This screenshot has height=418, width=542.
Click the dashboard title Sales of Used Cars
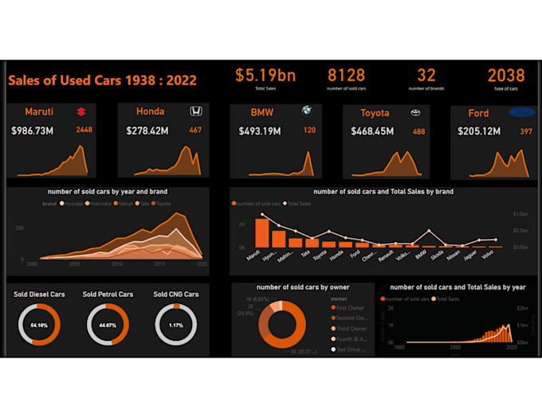pyautogui.click(x=102, y=80)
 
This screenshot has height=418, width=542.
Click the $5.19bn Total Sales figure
pyautogui.click(x=265, y=76)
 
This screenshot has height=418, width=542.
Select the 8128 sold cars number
pyautogui.click(x=347, y=76)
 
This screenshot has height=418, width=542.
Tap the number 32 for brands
pyautogui.click(x=426, y=76)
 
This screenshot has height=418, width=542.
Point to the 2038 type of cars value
pyautogui.click(x=506, y=76)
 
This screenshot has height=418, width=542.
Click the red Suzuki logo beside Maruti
pyautogui.click(x=81, y=112)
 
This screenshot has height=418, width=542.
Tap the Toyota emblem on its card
pyautogui.click(x=414, y=113)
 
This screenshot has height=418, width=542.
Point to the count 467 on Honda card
pyautogui.click(x=194, y=130)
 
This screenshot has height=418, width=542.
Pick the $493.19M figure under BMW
pyautogui.click(x=259, y=131)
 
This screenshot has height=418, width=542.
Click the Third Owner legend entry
pyautogui.click(x=350, y=328)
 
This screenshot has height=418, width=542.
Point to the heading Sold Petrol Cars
pyautogui.click(x=108, y=295)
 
